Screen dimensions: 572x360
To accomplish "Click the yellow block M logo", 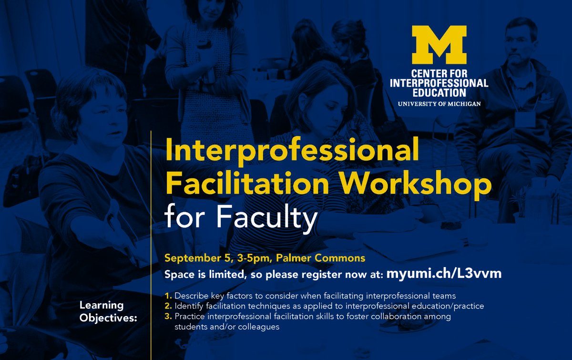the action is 439,45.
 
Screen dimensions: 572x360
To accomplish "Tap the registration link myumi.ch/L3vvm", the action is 444,273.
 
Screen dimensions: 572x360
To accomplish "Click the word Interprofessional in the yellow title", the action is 292,151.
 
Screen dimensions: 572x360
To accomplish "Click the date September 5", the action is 199,258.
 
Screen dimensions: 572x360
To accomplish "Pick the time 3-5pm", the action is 254,258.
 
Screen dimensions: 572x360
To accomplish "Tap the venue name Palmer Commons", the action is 321,258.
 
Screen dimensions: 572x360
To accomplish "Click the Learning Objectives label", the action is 108,312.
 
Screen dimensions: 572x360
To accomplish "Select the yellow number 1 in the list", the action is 168,296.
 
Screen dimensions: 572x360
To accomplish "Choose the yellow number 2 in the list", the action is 168,306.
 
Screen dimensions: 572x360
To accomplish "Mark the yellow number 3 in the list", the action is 168,316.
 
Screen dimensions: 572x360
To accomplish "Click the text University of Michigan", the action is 439,104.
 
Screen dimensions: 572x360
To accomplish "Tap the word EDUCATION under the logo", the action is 439,93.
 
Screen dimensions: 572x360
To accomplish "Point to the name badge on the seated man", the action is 525,119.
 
